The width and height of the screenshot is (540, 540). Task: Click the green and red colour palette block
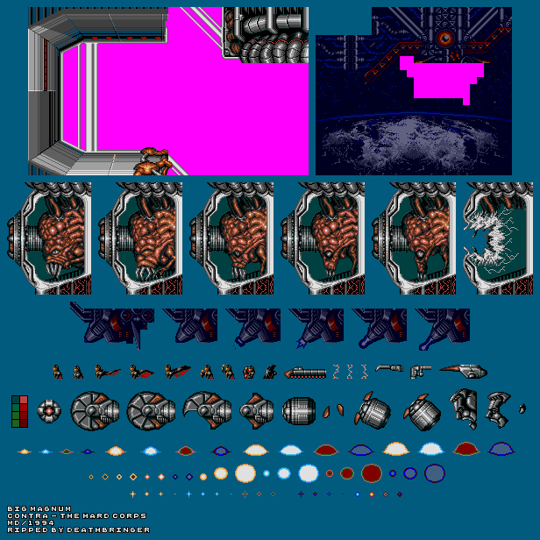(x=19, y=411)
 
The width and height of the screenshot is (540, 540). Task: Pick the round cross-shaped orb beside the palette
(x=49, y=411)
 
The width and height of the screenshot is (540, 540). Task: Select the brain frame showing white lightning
(x=498, y=238)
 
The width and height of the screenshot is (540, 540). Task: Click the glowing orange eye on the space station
(x=445, y=38)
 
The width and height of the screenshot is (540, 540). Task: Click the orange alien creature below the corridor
(x=153, y=162)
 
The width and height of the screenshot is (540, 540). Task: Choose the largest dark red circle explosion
(x=372, y=473)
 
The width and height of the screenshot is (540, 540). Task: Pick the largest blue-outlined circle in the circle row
(x=435, y=473)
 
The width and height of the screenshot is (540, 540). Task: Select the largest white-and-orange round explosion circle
(x=245, y=473)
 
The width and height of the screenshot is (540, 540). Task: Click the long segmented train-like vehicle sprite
(x=305, y=373)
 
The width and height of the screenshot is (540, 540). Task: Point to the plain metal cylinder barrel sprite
(x=299, y=411)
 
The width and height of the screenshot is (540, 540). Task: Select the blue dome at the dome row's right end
(x=501, y=449)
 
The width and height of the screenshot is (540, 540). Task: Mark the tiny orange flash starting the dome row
(x=25, y=451)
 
